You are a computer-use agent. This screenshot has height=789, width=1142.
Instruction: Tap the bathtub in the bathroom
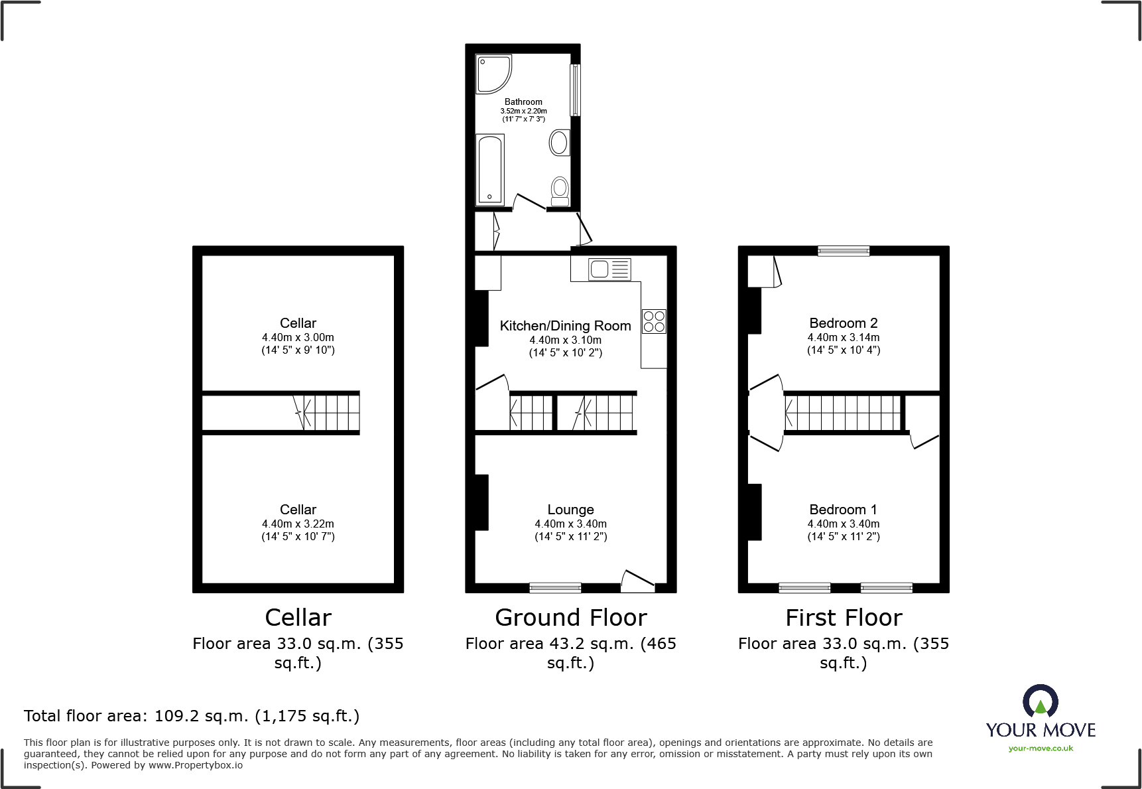coord(490,170)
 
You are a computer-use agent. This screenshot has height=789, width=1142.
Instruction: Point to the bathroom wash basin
coord(559,142)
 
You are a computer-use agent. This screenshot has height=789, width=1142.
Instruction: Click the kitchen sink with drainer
coord(609,269)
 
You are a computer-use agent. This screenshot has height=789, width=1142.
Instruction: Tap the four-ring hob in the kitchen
coord(654,321)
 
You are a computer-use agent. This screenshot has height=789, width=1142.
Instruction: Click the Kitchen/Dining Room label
coord(565,326)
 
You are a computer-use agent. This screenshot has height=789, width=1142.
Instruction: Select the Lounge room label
coord(570,510)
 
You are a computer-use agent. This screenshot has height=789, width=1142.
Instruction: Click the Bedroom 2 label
coord(843,323)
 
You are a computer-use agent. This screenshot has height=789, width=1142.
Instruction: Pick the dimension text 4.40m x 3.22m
coord(298,524)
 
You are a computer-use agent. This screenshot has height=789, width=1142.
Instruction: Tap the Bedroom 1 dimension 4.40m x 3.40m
coord(843,524)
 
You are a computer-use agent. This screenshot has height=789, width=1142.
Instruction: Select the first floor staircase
coord(843,413)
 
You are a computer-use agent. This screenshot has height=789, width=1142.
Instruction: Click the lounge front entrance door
coord(637,581)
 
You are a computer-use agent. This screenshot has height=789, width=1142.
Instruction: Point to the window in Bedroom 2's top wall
coord(843,251)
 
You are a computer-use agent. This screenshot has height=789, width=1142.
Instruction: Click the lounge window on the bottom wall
coord(555,587)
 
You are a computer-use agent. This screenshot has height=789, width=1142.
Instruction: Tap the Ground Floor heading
coord(570,618)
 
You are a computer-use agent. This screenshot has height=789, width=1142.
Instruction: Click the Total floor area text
coord(192,716)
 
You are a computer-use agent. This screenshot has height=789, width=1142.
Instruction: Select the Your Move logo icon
coord(1040,701)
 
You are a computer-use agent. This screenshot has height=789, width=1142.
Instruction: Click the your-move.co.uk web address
coord(1040,749)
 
